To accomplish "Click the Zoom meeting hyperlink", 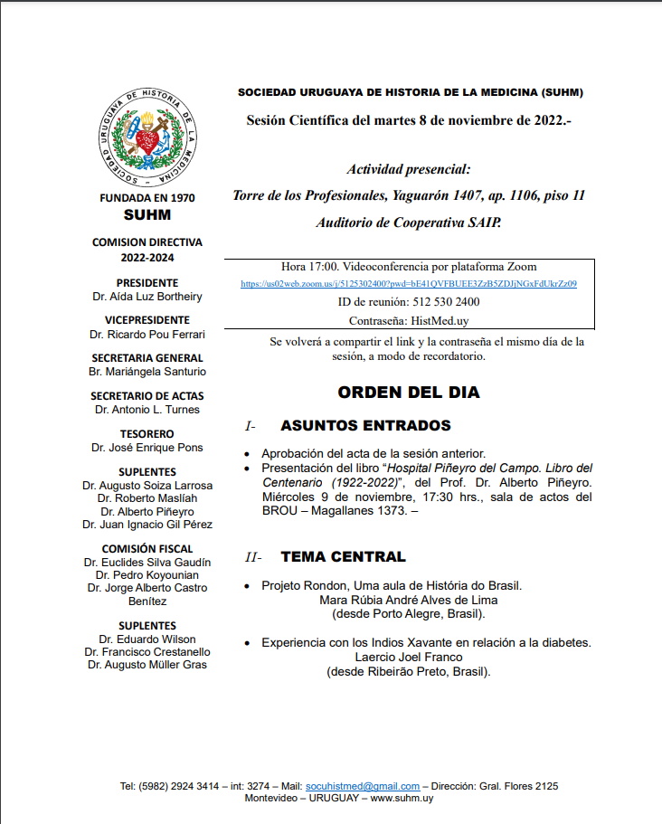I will [x=409, y=283].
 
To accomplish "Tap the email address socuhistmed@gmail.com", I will [x=375, y=786].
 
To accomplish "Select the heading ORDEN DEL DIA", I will [x=409, y=393].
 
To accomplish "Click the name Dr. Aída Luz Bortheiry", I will [x=147, y=296].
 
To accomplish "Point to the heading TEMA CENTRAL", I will [x=343, y=556].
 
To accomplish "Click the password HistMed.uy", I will [x=433, y=320].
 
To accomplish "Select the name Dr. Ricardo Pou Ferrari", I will [x=147, y=334].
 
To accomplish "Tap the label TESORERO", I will [x=147, y=433].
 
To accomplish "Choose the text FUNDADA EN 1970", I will [x=147, y=197].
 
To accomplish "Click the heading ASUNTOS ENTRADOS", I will [x=365, y=425].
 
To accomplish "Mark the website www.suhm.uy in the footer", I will [x=402, y=798].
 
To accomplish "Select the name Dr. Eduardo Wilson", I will [x=147, y=639].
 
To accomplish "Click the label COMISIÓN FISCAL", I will [x=147, y=548].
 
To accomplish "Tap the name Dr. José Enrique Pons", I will [x=147, y=447].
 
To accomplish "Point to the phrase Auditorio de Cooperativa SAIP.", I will [x=409, y=222].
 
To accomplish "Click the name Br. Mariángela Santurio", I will [x=147, y=371].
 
